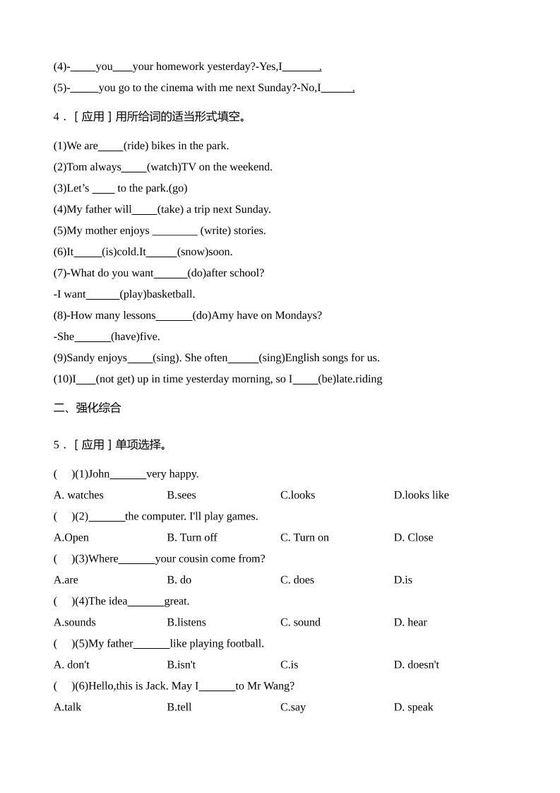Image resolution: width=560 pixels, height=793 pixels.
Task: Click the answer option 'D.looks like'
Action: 421,495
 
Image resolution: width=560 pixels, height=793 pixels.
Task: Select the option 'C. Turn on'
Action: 304,537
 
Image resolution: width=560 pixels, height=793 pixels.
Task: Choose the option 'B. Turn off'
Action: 192,537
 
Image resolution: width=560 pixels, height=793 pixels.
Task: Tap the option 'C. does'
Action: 297,580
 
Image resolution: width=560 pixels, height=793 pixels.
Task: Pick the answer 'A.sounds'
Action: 75,622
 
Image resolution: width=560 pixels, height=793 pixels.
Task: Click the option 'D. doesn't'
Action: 416,664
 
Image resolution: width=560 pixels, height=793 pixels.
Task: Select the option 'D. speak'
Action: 413,707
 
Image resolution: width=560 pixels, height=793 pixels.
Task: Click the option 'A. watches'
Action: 78,495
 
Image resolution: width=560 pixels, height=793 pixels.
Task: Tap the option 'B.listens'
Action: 186,622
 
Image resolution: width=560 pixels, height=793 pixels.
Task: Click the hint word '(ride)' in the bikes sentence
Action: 136,146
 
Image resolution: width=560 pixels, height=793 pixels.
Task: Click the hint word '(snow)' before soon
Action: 192,252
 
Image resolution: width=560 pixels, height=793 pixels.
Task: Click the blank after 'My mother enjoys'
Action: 174,231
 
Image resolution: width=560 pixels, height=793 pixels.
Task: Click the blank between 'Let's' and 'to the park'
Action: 103,189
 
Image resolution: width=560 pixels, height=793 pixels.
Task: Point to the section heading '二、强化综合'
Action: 88,408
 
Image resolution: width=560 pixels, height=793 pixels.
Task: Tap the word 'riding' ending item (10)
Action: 369,379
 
